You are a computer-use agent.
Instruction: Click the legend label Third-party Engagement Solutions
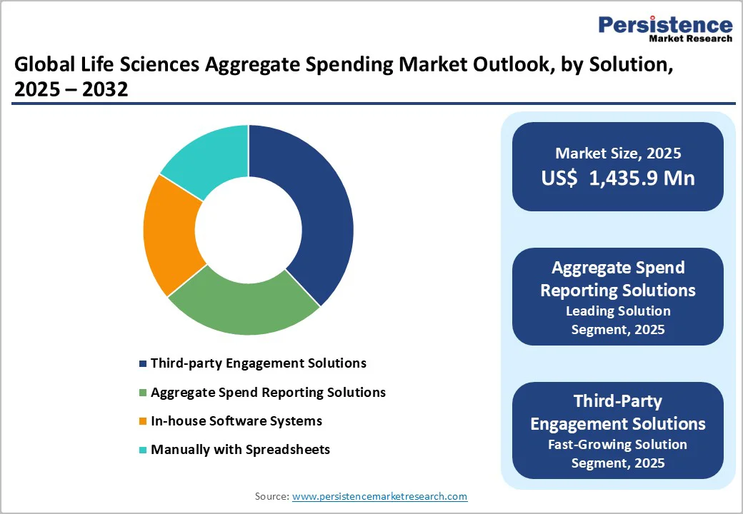(258, 363)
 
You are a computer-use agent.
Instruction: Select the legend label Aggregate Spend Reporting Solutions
(268, 392)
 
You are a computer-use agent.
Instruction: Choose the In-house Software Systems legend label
(236, 420)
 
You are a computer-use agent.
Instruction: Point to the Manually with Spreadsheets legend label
(240, 449)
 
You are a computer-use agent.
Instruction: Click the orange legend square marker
(143, 421)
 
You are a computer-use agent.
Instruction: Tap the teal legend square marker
(143, 450)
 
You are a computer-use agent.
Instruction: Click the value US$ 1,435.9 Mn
(618, 178)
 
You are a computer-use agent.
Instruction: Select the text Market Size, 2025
(618, 153)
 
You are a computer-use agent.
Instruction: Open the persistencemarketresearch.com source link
(379, 496)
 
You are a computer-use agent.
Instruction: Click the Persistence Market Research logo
(665, 29)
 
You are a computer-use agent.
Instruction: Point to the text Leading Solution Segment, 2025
(618, 320)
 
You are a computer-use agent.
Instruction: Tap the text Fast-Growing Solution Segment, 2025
(618, 453)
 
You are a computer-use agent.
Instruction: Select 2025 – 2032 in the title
(71, 90)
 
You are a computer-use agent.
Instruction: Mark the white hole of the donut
(248, 229)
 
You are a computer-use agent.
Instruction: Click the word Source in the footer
(271, 496)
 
